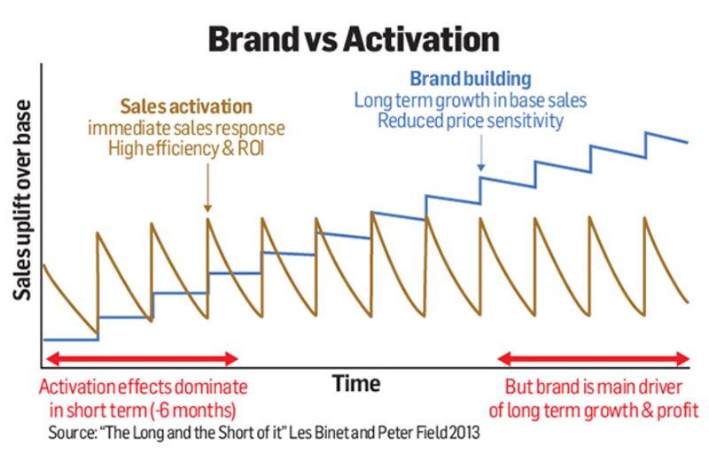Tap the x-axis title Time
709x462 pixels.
coord(356,384)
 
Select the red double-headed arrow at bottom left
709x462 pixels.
coord(142,359)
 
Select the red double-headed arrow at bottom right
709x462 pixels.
coord(596,359)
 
